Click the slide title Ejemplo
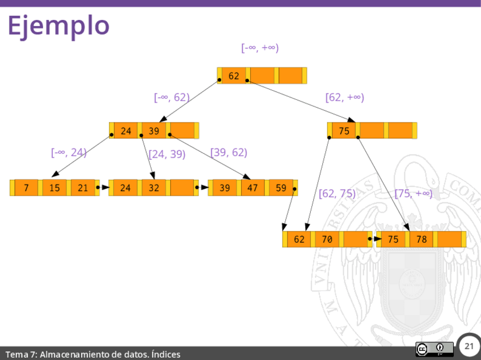tap(58, 26)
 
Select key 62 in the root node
tap(234, 75)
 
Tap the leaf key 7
tap(26, 188)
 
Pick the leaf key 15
tap(54, 188)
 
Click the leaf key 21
tap(83, 188)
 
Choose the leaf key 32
tap(154, 188)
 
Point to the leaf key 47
tap(253, 188)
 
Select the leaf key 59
tap(281, 188)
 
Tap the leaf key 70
tap(327, 239)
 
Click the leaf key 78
tap(421, 239)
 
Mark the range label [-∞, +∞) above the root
tap(260, 48)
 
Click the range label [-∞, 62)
tap(172, 98)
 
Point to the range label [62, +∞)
tap(344, 98)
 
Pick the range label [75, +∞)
tap(414, 194)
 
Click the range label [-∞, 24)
tap(69, 152)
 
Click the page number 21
tap(469, 346)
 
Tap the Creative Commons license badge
tap(434, 349)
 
